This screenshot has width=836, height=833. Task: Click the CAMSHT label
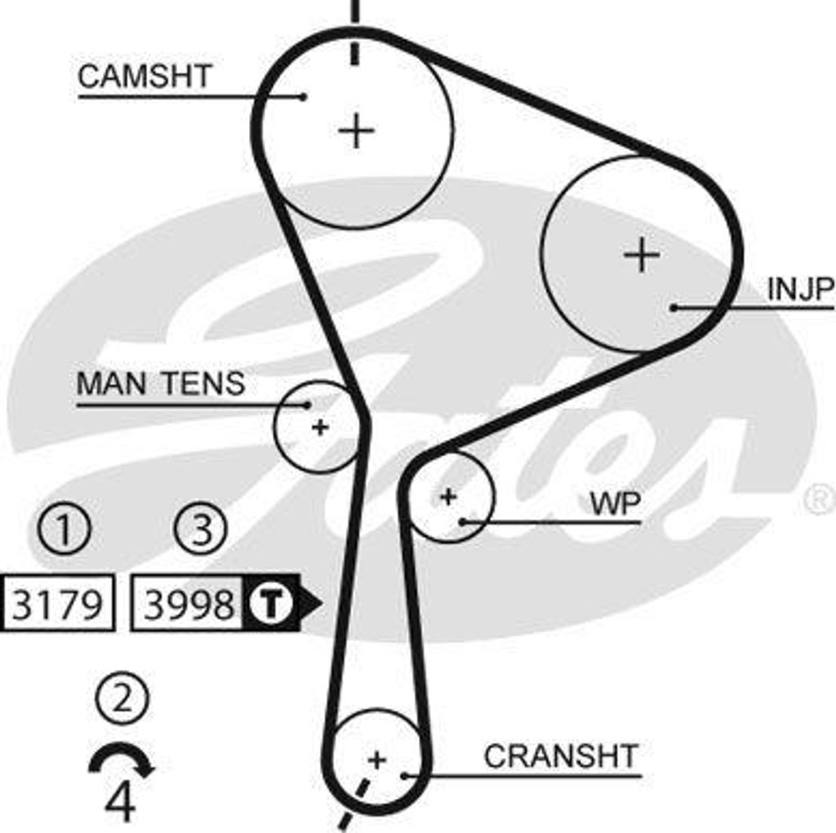(x=145, y=77)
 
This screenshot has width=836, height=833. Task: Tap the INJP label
(x=800, y=289)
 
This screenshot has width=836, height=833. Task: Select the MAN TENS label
(x=161, y=383)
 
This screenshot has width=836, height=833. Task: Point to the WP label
(x=615, y=503)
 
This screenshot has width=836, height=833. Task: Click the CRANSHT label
(x=560, y=756)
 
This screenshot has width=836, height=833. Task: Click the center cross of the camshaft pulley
(x=356, y=131)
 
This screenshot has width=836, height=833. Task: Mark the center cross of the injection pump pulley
(x=642, y=255)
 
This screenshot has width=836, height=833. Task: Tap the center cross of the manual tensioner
(x=320, y=427)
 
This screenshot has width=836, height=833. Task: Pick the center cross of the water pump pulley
(x=447, y=495)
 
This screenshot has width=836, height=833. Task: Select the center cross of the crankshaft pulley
(x=376, y=760)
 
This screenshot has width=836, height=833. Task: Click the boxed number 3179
(x=58, y=605)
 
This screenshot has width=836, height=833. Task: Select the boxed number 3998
(x=189, y=605)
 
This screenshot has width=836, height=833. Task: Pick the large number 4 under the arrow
(x=120, y=803)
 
